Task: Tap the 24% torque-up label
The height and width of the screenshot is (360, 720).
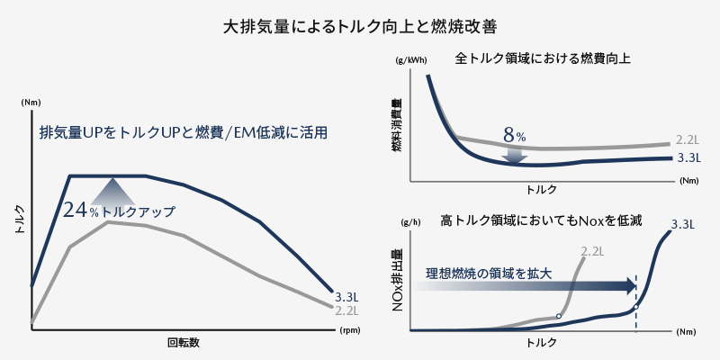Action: tap(119, 211)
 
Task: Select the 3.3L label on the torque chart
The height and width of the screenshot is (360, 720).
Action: tap(346, 296)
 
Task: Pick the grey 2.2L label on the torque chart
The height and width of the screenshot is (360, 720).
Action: tap(346, 310)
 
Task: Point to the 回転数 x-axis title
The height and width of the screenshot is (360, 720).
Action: tap(183, 343)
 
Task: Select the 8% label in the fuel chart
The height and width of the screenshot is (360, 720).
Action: tap(514, 136)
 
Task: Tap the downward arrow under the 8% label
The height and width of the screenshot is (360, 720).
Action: tap(514, 155)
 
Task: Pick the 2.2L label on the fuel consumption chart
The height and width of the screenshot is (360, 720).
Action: tap(688, 140)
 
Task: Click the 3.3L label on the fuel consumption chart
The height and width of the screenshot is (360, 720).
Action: tap(688, 157)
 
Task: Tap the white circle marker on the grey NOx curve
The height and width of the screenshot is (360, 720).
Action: tap(559, 316)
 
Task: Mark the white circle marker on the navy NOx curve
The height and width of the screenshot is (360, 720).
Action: tap(636, 306)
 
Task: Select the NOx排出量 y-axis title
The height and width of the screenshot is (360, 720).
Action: tap(397, 282)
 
